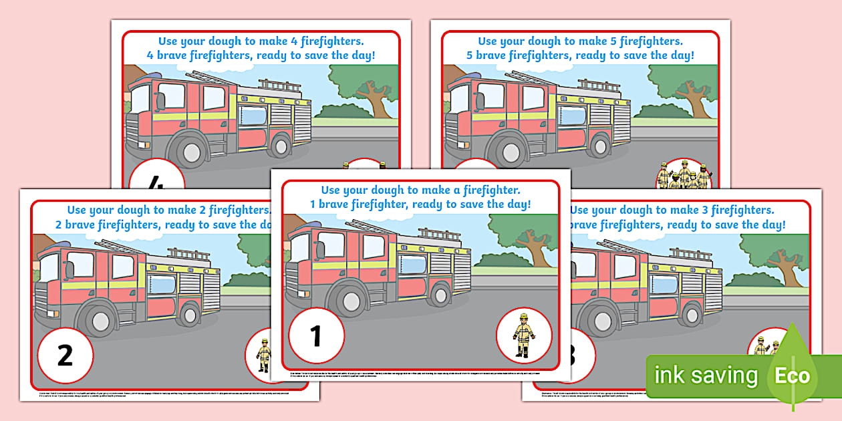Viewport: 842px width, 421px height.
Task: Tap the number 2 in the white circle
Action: [65, 355]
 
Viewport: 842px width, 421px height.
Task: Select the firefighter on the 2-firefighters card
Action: [263, 355]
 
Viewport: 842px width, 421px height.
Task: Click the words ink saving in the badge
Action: [706, 376]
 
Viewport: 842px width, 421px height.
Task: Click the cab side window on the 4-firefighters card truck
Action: [170, 97]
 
